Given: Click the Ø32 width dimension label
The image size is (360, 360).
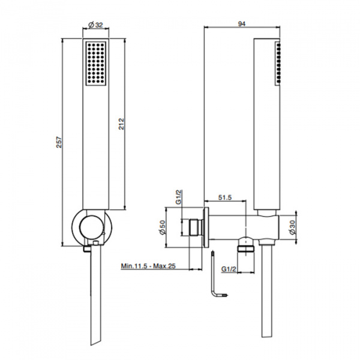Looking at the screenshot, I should [x=96, y=25].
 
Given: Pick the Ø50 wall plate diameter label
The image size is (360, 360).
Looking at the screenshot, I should [x=162, y=228].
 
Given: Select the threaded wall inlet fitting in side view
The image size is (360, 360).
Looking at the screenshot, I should [x=194, y=228].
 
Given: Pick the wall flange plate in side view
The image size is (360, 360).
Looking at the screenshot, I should [x=206, y=228].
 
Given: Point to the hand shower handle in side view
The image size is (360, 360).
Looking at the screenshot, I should [x=266, y=120].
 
